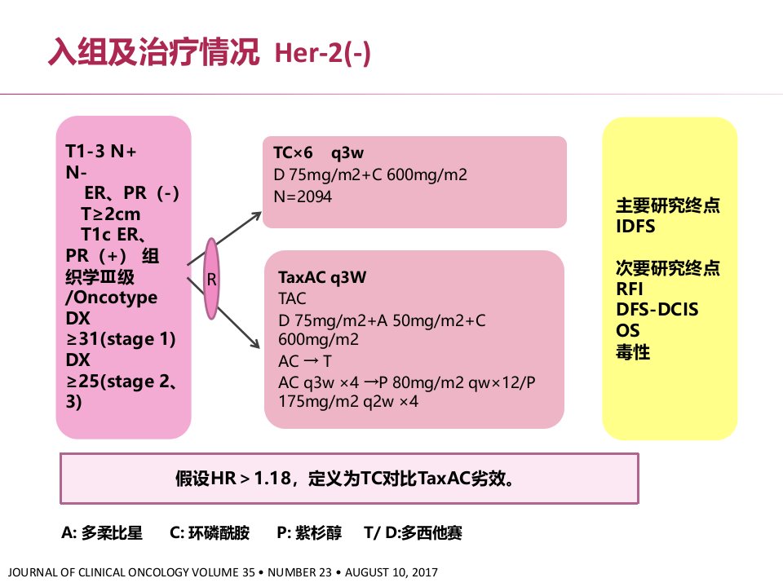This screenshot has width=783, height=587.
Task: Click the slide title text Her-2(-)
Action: pyautogui.click(x=323, y=53)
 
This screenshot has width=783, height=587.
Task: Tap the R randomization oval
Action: pyautogui.click(x=212, y=279)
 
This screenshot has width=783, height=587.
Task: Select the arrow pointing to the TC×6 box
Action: pyautogui.click(x=224, y=239)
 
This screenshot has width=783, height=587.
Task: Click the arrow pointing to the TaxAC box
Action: pyautogui.click(x=223, y=312)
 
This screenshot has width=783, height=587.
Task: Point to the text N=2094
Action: pyautogui.click(x=303, y=196)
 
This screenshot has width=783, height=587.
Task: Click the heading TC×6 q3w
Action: pyautogui.click(x=319, y=152)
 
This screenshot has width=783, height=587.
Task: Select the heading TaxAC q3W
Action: pyautogui.click(x=322, y=277)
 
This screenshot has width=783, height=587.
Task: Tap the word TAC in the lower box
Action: pyautogui.click(x=292, y=298)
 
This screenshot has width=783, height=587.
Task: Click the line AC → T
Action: pyautogui.click(x=304, y=361)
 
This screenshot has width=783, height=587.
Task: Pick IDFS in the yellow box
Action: pyautogui.click(x=635, y=227)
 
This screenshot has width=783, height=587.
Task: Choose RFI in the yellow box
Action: pyautogui.click(x=629, y=289)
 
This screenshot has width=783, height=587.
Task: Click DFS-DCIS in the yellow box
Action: pyautogui.click(x=657, y=310)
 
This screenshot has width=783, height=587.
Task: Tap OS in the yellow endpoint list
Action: pyautogui.click(x=628, y=330)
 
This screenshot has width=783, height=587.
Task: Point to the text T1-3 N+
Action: pyautogui.click(x=101, y=151)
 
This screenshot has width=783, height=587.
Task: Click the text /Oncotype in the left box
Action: pyautogui.click(x=112, y=298)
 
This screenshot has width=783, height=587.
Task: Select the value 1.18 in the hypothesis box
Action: pyautogui.click(x=272, y=479)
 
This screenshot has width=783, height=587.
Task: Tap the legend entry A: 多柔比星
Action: pyautogui.click(x=102, y=532)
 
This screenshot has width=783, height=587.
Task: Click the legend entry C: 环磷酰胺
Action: pyautogui.click(x=210, y=532)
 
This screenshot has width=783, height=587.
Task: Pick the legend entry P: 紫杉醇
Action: pyautogui.click(x=309, y=532)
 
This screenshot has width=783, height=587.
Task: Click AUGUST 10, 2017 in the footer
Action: pyautogui.click(x=391, y=572)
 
